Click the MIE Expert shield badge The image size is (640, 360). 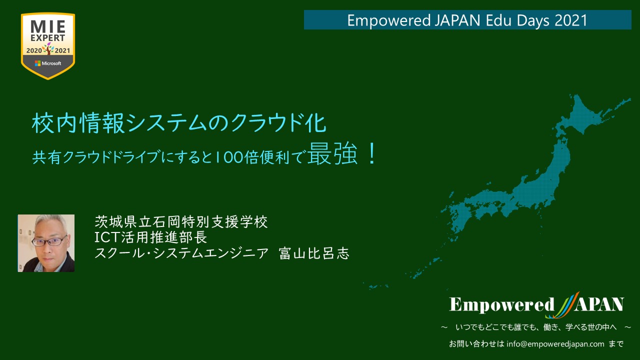48,46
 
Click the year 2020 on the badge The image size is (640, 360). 34,51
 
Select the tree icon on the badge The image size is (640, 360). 48,48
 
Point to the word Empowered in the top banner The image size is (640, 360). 389,20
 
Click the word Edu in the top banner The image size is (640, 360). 498,20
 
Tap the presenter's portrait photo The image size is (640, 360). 46,243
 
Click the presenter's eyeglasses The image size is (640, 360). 49,241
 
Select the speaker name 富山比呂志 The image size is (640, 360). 314,253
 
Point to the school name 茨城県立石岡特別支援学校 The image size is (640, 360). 181,221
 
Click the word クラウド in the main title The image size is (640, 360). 264,123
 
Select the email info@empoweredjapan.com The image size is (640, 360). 555,343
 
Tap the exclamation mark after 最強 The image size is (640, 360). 372,154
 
